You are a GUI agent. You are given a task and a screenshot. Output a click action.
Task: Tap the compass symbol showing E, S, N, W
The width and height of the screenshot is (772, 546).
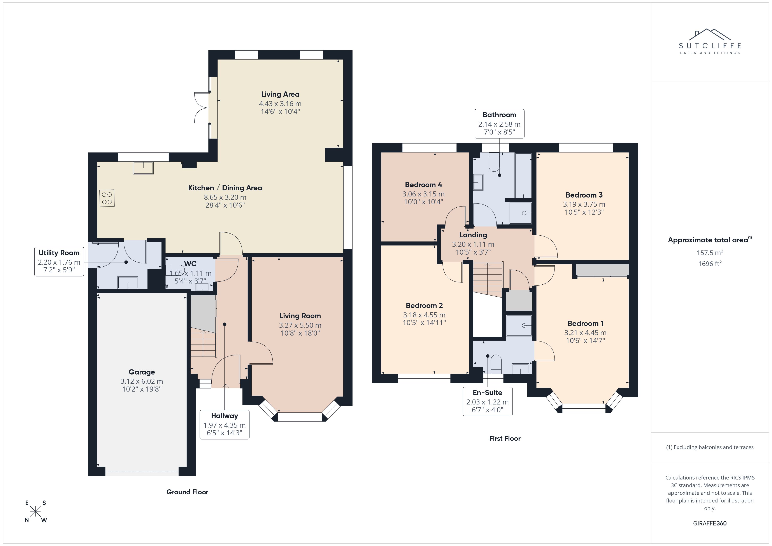[35, 511]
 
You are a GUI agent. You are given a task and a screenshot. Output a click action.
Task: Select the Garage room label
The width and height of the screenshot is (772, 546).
[142, 372]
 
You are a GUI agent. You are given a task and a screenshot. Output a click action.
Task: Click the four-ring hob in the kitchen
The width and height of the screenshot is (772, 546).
[107, 198]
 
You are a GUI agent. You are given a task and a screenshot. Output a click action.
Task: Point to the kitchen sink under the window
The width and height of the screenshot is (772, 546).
[143, 168]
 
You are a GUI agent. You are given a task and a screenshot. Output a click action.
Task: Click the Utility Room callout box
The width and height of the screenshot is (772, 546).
[59, 262]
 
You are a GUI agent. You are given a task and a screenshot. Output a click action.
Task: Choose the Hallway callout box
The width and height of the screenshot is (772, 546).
[225, 425]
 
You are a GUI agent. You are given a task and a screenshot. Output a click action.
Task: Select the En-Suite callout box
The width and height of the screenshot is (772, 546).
[488, 401]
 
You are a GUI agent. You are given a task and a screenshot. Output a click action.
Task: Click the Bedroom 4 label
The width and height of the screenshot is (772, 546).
[423, 185]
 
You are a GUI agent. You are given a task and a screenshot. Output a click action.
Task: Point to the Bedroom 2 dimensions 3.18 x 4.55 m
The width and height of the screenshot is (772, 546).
[424, 315]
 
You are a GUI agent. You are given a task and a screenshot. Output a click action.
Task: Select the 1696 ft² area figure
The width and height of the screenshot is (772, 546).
[710, 264]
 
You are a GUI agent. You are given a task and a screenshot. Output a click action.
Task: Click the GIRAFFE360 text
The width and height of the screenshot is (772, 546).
[710, 523]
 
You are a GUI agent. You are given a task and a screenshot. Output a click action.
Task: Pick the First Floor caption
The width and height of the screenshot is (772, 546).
[505, 438]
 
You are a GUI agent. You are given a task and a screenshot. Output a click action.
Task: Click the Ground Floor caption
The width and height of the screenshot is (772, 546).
[187, 492]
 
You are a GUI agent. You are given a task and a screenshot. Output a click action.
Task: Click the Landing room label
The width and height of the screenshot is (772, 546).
[473, 235]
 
